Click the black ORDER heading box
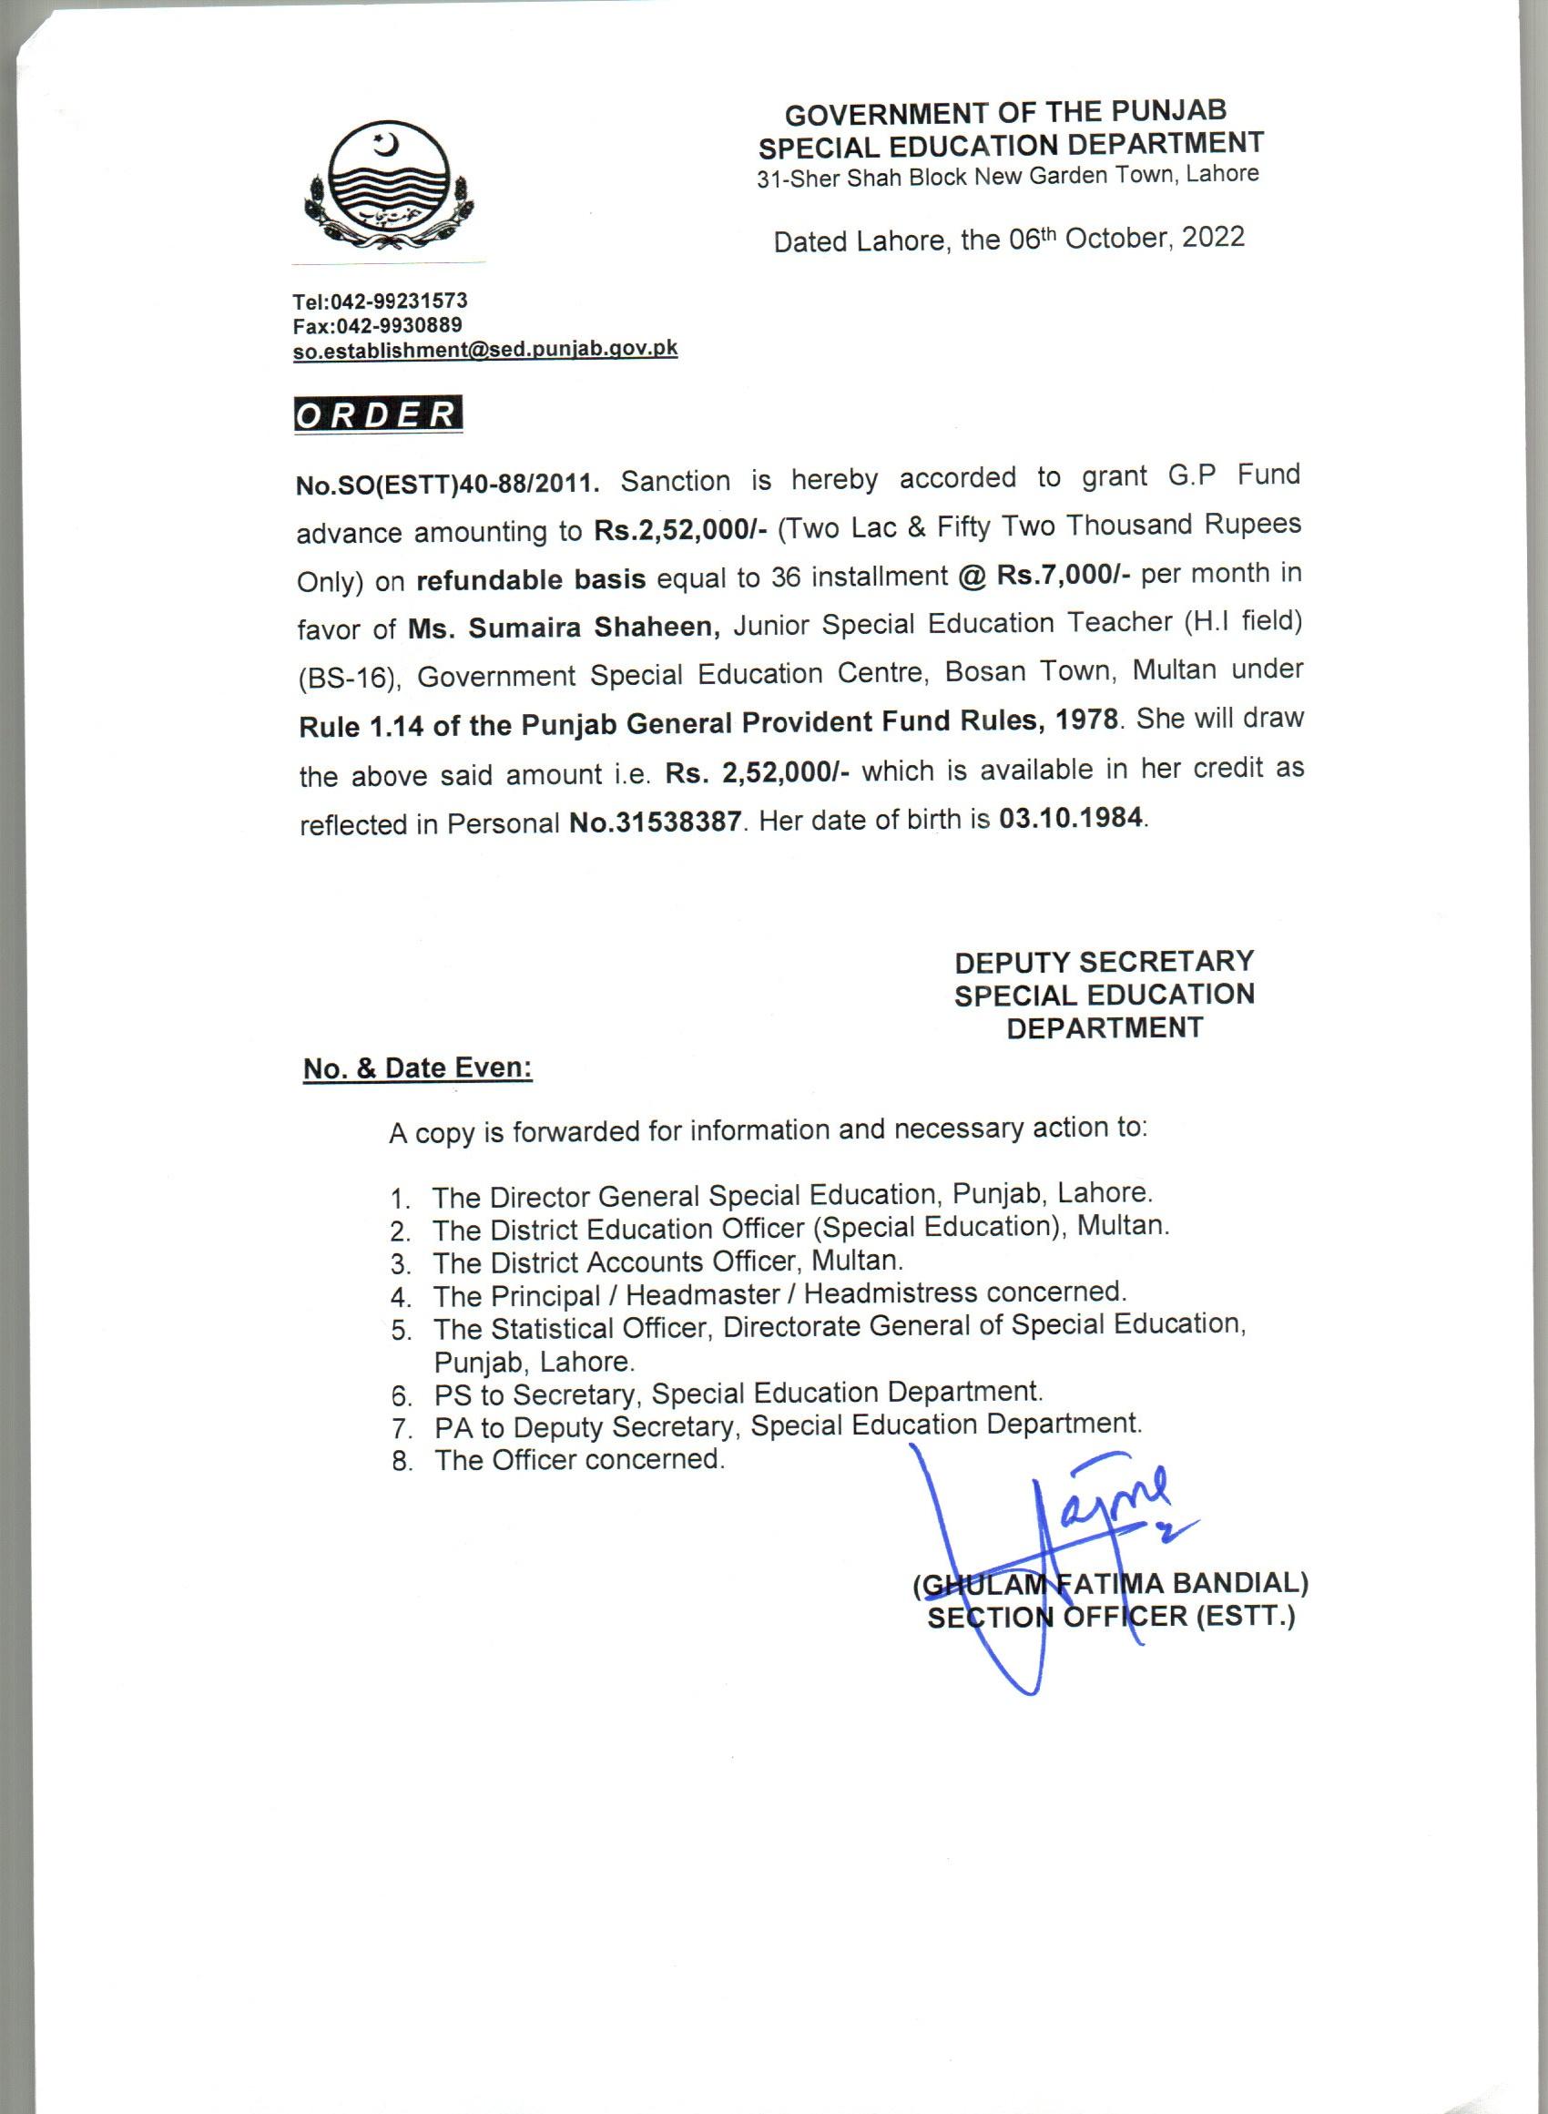coord(378,414)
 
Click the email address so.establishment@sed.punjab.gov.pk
coord(484,350)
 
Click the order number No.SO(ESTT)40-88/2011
coord(447,484)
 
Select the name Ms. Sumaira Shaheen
coord(563,627)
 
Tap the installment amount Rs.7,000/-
coord(1063,575)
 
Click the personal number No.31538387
coord(655,822)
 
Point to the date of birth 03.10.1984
coord(1070,818)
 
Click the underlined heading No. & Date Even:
coord(418,1068)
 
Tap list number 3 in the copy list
coord(401,1264)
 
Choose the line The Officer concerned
coord(579,1459)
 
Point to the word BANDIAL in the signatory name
coord(1238,1583)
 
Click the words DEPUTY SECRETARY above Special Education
coord(1104,962)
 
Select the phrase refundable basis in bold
coord(530,579)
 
